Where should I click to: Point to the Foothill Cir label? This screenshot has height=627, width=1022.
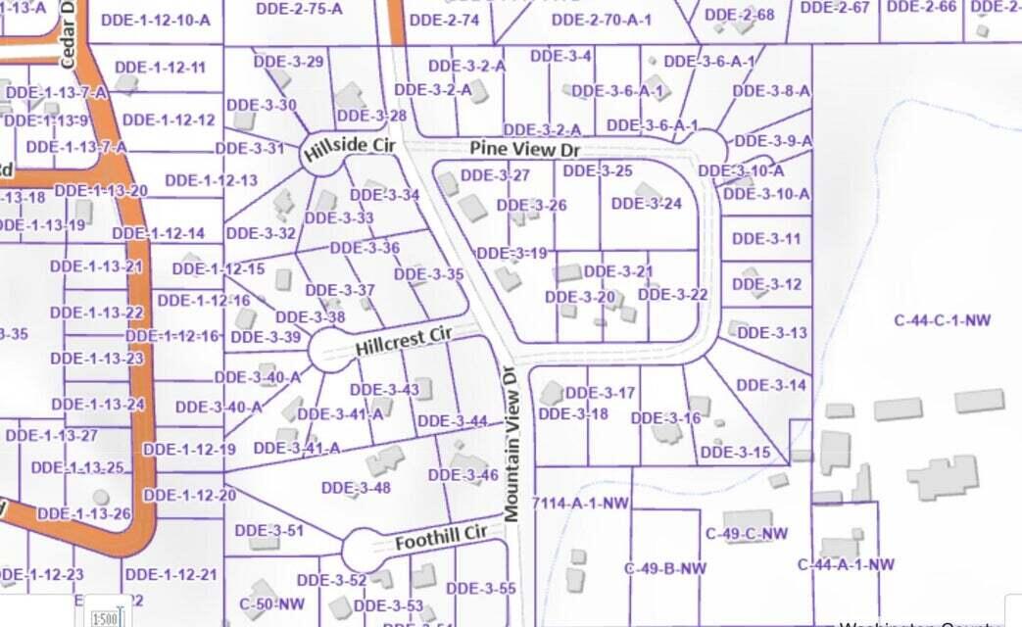point(441,538)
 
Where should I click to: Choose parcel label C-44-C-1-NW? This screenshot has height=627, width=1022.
point(943,319)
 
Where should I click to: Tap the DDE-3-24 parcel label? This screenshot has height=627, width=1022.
point(646,204)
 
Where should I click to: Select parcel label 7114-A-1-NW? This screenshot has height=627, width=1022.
point(579,503)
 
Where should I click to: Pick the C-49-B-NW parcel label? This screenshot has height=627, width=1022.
point(665,568)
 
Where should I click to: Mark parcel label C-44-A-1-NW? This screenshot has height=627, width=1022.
point(846,564)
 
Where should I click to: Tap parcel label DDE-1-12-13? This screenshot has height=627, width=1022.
point(212,180)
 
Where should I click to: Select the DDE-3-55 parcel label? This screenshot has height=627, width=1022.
point(486,588)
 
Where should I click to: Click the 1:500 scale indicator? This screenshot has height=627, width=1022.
point(105,618)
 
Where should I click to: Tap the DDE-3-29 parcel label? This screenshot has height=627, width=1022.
point(288,62)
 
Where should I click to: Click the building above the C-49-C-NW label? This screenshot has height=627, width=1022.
point(748,519)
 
